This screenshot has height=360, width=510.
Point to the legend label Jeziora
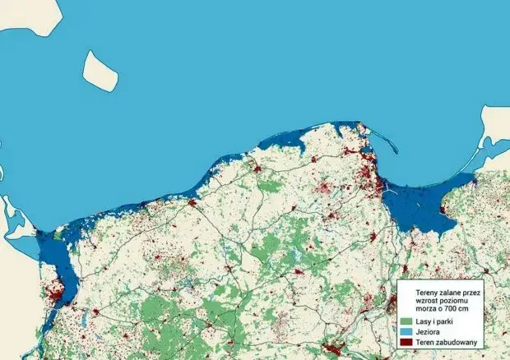click(430, 330)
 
